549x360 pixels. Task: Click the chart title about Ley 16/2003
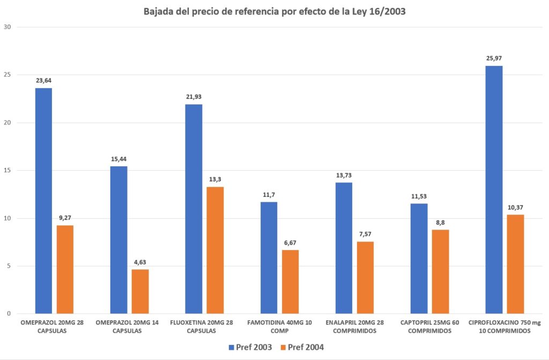point(274,12)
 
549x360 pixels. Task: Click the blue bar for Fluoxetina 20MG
point(194,209)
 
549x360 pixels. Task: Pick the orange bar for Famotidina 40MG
point(290,282)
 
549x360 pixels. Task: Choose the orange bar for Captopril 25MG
point(440,271)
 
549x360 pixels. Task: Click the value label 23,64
point(43,81)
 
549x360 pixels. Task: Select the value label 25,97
point(494,58)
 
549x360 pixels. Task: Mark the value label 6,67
point(290,243)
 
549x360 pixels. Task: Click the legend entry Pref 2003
point(251,347)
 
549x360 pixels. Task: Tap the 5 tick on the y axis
point(8,266)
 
